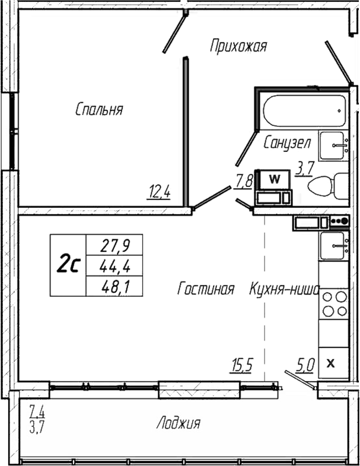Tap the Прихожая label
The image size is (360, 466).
[238, 46]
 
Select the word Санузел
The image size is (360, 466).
[287, 142]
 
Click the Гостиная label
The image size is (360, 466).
[206, 289]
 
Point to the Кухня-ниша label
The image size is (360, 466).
[284, 289]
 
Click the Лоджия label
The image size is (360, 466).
[178, 423]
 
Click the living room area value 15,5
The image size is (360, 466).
[241, 365]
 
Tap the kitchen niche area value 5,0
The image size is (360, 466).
[305, 365]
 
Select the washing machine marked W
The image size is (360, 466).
[275, 178]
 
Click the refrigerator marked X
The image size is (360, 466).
[332, 363]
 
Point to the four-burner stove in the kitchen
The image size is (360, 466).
[333, 305]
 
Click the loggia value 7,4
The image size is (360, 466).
[37, 408]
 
